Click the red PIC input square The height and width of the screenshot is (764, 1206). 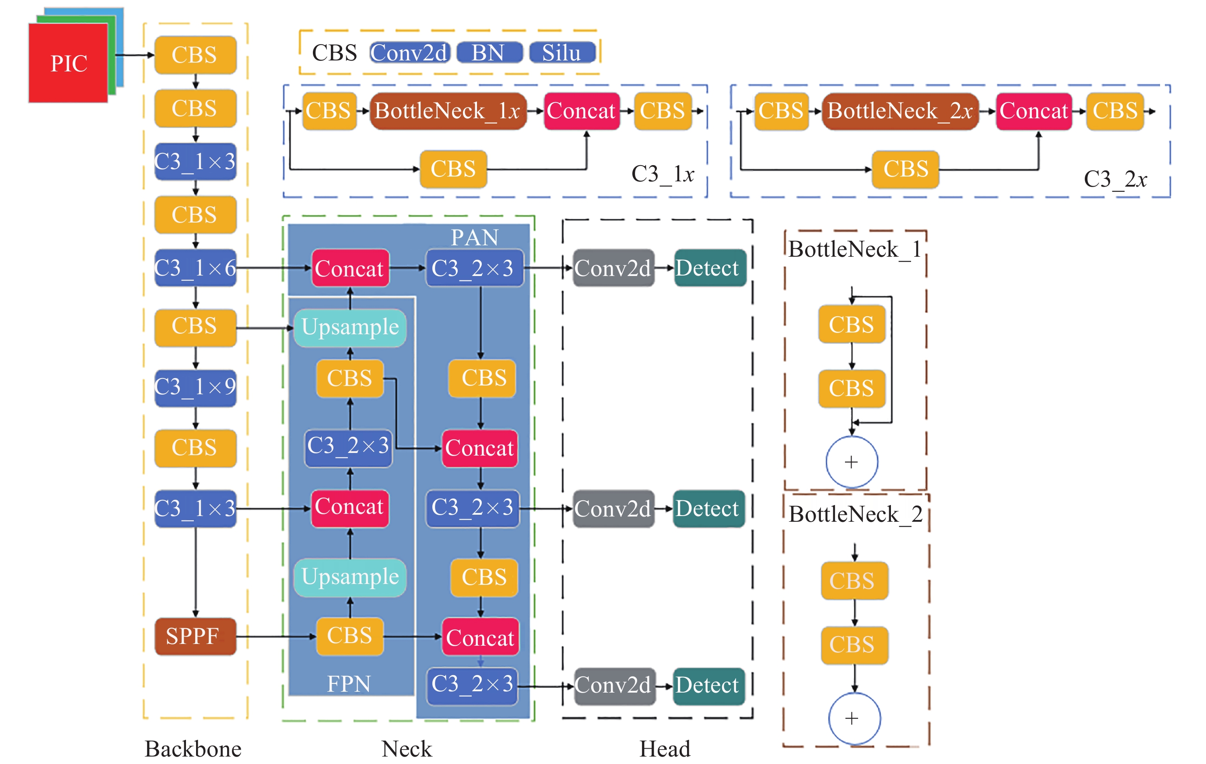tap(68, 63)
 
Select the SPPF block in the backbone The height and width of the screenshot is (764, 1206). tap(195, 636)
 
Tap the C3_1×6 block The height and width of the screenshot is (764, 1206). tap(195, 268)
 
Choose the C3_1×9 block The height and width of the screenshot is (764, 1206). tap(195, 387)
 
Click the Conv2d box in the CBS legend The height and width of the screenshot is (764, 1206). tap(409, 53)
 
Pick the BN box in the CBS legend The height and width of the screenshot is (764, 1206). tap(489, 53)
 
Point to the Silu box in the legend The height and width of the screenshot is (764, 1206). tap(562, 53)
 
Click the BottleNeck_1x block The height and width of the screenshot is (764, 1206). tap(448, 111)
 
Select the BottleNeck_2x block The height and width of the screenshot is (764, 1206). tap(900, 111)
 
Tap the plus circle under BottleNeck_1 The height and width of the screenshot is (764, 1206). tap(852, 462)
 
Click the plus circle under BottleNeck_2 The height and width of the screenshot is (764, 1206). tap(854, 718)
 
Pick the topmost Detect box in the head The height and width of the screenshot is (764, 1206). tap(709, 268)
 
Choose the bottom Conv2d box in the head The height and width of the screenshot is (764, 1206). tap(614, 685)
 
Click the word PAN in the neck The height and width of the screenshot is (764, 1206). tap(474, 237)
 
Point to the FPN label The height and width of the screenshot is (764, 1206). tap(349, 684)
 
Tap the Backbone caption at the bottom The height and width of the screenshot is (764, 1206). tap(193, 749)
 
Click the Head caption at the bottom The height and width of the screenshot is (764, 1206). tap(665, 749)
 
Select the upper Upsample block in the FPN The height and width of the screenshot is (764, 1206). tap(350, 327)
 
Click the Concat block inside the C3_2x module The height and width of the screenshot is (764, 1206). tap(1033, 111)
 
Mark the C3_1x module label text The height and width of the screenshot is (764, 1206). tap(662, 174)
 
